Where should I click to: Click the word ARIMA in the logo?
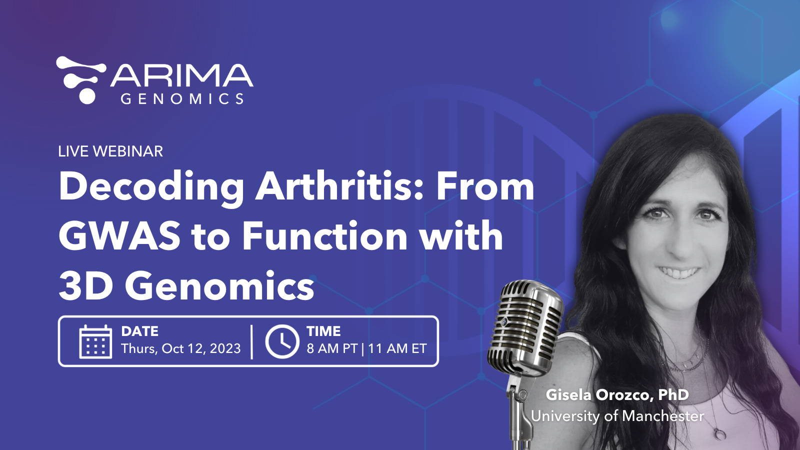click(181, 76)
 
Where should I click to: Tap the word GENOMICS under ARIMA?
click(182, 98)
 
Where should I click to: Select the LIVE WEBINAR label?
click(110, 151)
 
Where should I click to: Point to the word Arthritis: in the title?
click(340, 186)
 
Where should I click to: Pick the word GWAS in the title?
click(119, 236)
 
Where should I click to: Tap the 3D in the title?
click(85, 286)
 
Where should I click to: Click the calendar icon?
click(95, 342)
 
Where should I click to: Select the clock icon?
click(282, 341)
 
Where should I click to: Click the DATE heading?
click(140, 331)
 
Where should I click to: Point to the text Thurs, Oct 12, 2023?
click(181, 348)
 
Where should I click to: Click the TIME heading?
click(323, 331)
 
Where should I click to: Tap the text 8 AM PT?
click(332, 348)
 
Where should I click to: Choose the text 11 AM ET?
click(397, 348)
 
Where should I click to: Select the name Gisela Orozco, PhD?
click(617, 394)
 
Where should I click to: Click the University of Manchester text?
click(617, 416)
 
